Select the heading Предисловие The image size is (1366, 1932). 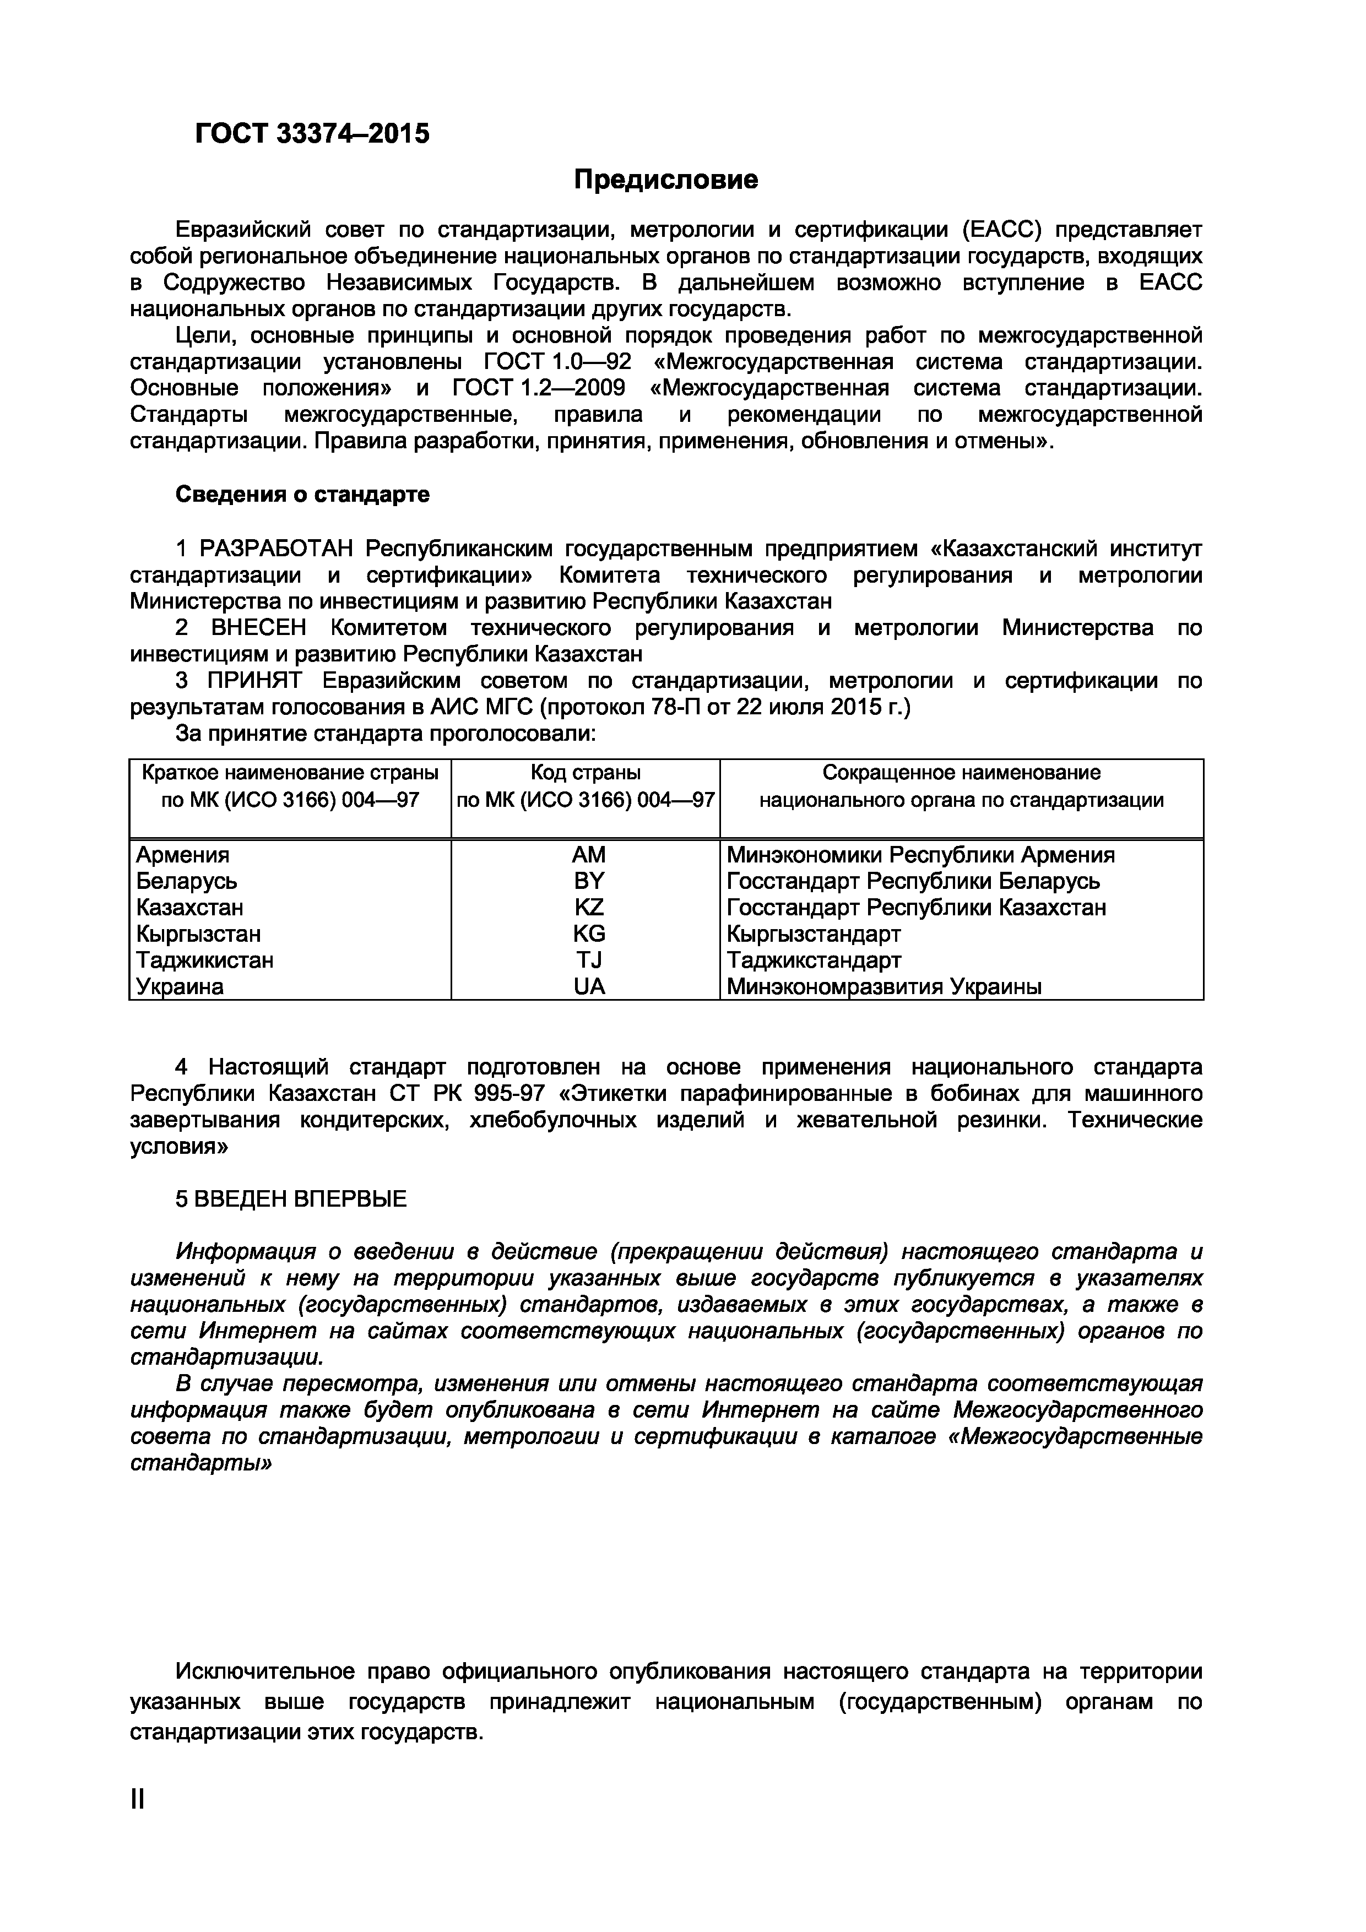(x=666, y=179)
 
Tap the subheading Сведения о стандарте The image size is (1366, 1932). (x=302, y=494)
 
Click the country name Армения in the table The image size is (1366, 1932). (x=183, y=855)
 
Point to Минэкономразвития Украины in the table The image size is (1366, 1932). (x=883, y=986)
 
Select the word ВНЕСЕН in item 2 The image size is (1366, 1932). (x=258, y=628)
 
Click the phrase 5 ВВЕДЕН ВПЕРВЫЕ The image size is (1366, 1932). (x=290, y=1198)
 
